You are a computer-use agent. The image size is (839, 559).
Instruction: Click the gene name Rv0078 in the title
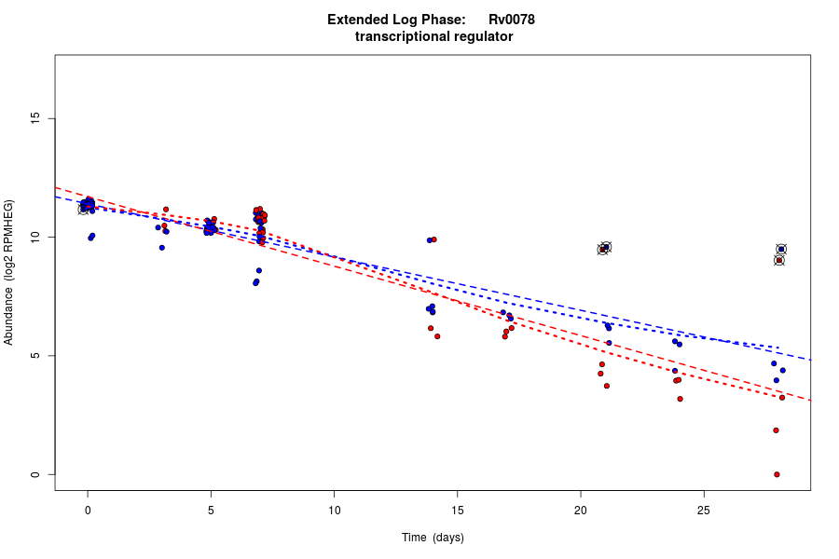(511, 20)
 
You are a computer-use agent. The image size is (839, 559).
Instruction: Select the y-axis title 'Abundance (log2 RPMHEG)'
(9, 272)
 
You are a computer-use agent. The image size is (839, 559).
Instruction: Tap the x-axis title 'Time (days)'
(433, 538)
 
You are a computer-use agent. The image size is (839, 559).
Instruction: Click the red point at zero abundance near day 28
(777, 474)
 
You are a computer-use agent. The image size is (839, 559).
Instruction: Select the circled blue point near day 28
(781, 250)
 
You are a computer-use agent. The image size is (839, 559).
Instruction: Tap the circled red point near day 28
(779, 261)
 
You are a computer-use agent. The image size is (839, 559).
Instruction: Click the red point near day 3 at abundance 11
(166, 210)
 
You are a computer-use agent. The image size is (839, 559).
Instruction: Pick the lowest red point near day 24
(680, 399)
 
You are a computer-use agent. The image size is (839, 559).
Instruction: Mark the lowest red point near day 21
(607, 386)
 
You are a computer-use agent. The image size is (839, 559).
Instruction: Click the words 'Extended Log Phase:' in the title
(396, 20)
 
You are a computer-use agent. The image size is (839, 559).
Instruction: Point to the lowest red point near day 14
(437, 336)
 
